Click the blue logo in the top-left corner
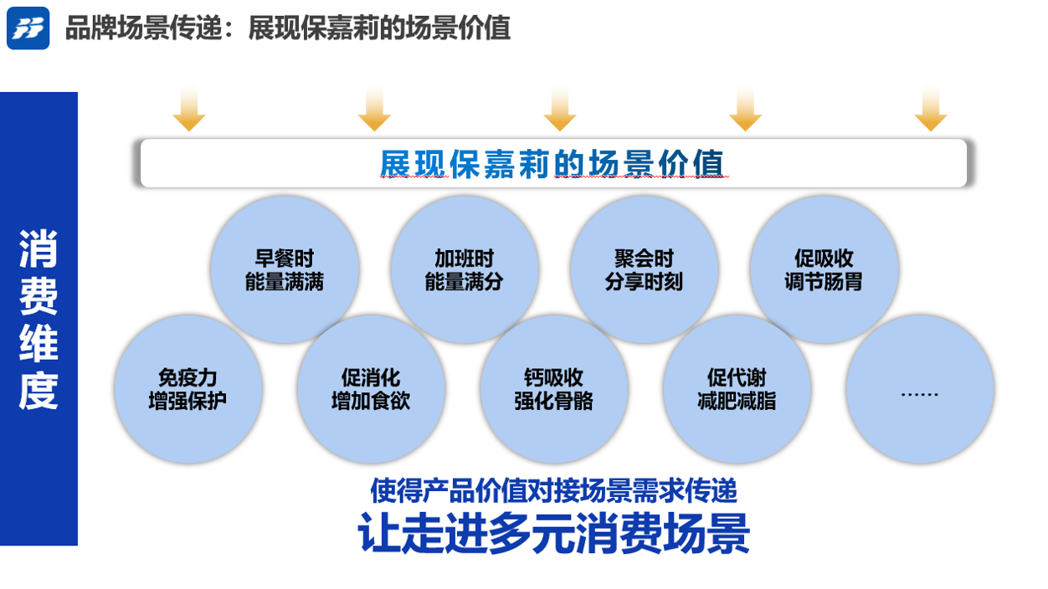[28, 28]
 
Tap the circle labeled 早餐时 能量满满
[285, 270]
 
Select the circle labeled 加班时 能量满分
[464, 270]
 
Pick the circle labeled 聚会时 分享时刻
[644, 270]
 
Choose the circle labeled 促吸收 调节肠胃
[824, 270]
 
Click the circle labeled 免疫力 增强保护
[188, 389]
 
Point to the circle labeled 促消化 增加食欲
[371, 389]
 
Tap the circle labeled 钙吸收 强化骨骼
[553, 389]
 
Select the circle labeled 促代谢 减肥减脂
[737, 389]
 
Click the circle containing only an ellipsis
[919, 389]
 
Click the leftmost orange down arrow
[189, 109]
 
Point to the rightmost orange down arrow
[930, 109]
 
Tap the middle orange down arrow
[559, 109]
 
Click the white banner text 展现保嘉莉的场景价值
[552, 163]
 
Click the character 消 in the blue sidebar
[39, 248]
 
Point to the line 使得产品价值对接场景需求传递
[553, 489]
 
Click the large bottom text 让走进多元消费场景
[553, 533]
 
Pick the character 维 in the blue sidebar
[39, 343]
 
